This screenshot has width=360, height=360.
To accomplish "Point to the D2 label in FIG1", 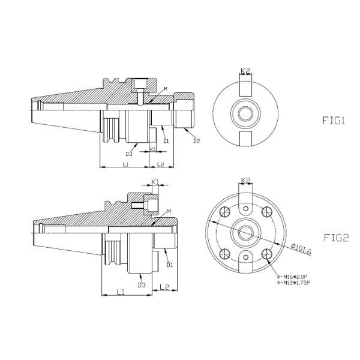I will point(196,142).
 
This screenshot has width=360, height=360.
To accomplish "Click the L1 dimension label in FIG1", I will point(125,163).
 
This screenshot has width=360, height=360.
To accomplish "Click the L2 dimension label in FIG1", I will point(160,163).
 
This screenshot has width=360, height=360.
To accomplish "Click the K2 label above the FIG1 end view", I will point(245,71).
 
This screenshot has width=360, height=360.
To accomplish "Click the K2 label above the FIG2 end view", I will point(245,180).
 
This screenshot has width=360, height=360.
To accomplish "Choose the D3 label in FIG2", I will point(142,284).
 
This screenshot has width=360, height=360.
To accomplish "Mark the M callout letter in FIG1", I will point(166,89).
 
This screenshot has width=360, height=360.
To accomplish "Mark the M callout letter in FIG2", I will point(170,211).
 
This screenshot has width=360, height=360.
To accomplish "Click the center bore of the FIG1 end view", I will point(245,113).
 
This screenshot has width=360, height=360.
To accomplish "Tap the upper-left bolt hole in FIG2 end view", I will point(226,211).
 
